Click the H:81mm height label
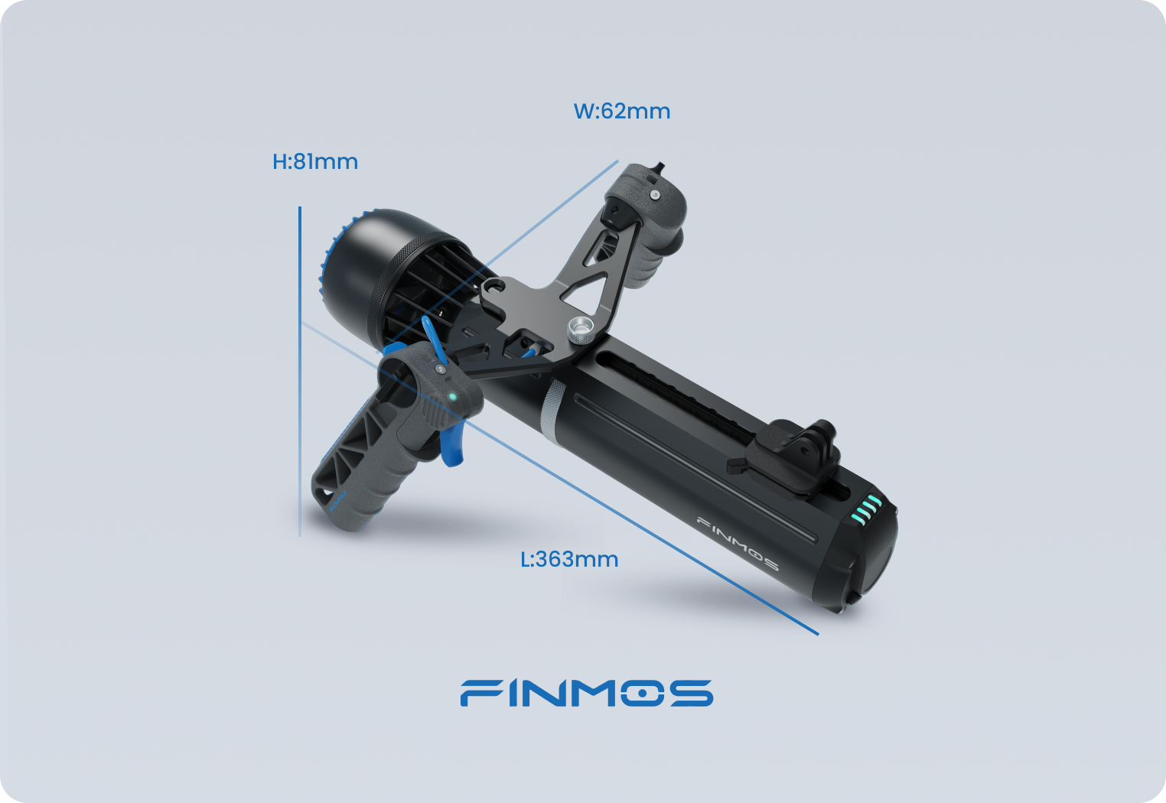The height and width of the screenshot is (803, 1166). coord(315,162)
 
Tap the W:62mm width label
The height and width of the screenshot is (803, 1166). coord(621,112)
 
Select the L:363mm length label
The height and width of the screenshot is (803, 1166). coord(569,560)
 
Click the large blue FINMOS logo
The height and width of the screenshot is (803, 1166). coord(587,693)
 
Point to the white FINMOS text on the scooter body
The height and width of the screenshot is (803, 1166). coord(738,545)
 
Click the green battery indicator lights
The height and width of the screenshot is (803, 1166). coord(866,509)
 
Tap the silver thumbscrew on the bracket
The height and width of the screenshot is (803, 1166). coord(581,330)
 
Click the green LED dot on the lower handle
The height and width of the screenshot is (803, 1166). coord(452,397)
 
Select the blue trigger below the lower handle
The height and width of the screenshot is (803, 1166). coord(452,446)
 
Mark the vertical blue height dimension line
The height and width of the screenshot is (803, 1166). coord(300,371)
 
